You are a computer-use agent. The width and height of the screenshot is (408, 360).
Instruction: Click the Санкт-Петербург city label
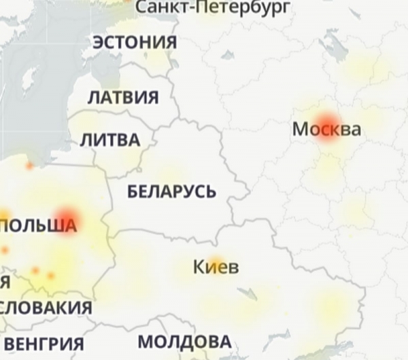point(214,7)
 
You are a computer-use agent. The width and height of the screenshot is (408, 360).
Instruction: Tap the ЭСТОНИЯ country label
point(135,42)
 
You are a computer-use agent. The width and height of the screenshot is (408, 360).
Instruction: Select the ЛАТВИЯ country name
point(123,97)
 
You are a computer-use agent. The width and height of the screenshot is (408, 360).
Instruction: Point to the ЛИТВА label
point(110,141)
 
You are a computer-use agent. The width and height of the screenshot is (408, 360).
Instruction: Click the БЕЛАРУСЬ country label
point(172,192)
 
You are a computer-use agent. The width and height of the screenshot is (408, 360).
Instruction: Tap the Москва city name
point(326,129)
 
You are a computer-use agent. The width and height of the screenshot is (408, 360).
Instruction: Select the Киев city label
point(216,267)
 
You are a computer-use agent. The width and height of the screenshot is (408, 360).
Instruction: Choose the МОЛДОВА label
point(184,341)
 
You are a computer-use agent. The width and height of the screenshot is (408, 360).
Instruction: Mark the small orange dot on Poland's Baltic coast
point(29,166)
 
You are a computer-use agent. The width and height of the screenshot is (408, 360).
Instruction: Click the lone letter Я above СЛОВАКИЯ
point(4,281)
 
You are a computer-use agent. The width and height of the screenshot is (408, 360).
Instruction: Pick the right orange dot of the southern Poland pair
point(50,276)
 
